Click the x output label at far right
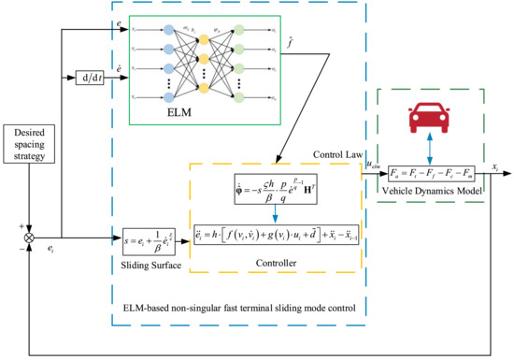tap(495, 164)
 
